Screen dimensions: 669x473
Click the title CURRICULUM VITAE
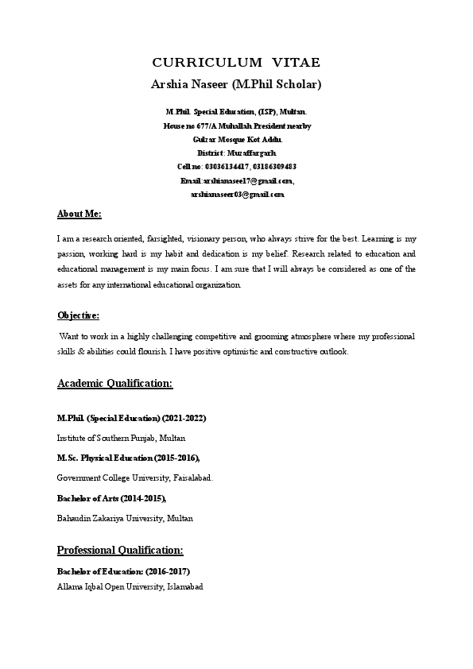tap(236, 62)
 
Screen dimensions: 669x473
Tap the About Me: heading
tap(79, 215)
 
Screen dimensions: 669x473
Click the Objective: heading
tap(78, 315)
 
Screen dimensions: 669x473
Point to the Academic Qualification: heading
tap(114, 383)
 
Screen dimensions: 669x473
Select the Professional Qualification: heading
tap(120, 550)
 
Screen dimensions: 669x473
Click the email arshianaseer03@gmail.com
tap(237, 194)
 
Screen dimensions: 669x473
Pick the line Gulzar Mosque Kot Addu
tap(237, 139)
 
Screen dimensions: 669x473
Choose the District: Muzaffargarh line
tap(237, 153)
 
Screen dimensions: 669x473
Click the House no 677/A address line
tap(237, 126)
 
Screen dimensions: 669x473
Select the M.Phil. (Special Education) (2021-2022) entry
tap(131, 418)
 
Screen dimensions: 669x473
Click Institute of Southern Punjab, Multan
tap(122, 438)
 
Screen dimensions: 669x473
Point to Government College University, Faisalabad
tap(134, 478)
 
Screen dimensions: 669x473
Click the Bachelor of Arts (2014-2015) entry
tap(111, 498)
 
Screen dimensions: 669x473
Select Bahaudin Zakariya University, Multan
tap(124, 518)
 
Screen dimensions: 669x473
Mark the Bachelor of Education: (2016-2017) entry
tap(123, 571)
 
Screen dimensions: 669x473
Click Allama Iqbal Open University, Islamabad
tap(130, 586)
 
